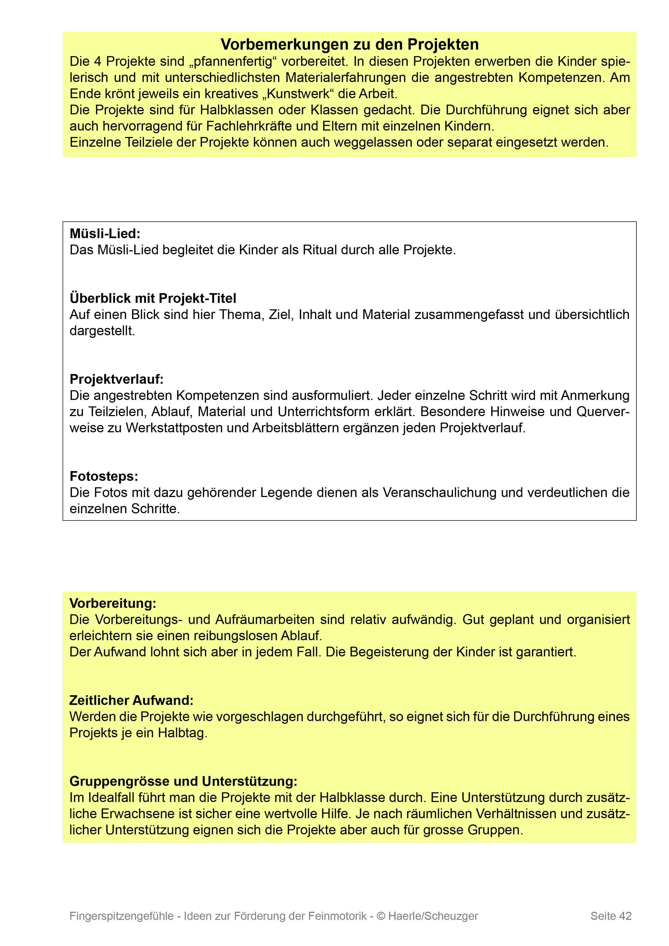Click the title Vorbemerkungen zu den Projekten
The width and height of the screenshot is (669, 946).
tap(350, 44)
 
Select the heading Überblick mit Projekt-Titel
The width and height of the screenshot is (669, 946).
tap(153, 298)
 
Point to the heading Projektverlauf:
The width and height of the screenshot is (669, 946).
tap(117, 379)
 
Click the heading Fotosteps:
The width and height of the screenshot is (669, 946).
tap(104, 476)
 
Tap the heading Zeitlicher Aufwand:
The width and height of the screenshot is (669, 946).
tap(131, 700)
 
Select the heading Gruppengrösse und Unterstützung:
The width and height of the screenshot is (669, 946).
tap(183, 781)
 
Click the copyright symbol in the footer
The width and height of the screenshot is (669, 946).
tap(381, 916)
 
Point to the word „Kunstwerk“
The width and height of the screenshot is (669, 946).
tap(298, 94)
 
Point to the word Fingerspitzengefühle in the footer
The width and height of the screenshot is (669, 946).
tap(122, 916)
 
